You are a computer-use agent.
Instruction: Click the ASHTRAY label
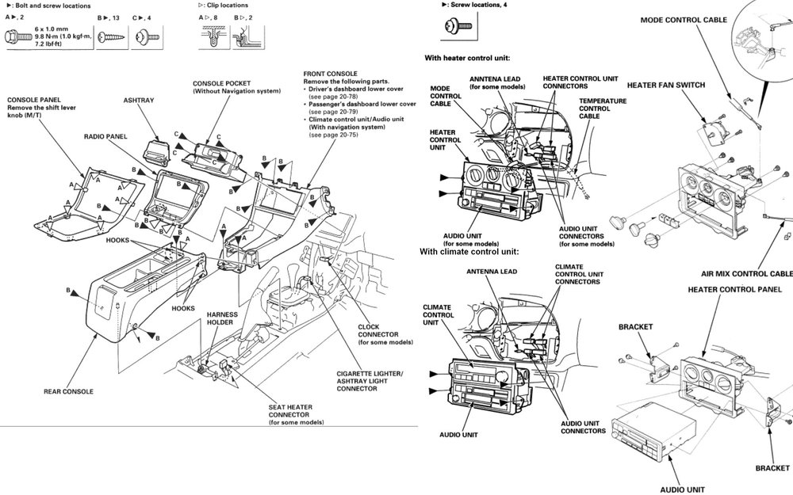[x=139, y=101]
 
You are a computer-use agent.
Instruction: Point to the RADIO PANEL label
[x=105, y=136]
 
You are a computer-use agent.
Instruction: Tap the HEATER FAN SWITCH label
[x=665, y=85]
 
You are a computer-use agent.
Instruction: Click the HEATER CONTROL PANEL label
[x=734, y=290]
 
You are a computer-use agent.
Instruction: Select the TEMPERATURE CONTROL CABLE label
[x=602, y=109]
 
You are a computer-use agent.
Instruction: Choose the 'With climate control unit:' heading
[x=469, y=251]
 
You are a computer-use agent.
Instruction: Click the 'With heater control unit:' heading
[x=467, y=58]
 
